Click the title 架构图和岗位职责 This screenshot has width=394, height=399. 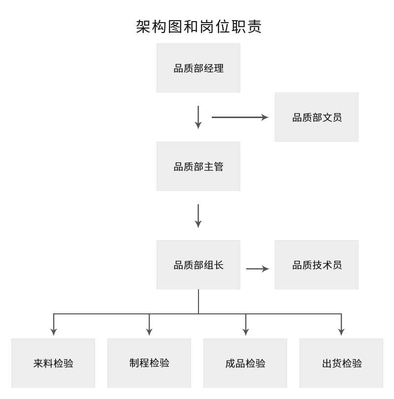click(198, 27)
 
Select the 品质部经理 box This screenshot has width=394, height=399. click(198, 68)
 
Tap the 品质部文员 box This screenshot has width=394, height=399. click(317, 117)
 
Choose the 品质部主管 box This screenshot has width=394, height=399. click(198, 166)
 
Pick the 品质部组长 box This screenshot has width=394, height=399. click(198, 265)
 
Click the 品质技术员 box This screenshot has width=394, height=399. click(317, 265)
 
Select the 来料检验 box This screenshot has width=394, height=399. click(53, 363)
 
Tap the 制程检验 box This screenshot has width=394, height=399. click(149, 363)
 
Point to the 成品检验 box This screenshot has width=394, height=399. click(245, 363)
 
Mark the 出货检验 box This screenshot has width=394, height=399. click(341, 363)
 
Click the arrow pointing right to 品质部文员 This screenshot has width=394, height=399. click(240, 117)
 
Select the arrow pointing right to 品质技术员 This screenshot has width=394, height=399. click(258, 269)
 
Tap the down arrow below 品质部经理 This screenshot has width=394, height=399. click(198, 117)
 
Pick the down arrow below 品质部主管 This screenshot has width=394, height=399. click(198, 216)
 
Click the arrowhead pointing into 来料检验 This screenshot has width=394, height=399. click(54, 332)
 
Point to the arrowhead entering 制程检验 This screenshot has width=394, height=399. click(149, 332)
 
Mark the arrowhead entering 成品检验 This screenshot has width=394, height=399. click(245, 332)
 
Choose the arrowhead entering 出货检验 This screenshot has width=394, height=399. click(341, 332)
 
